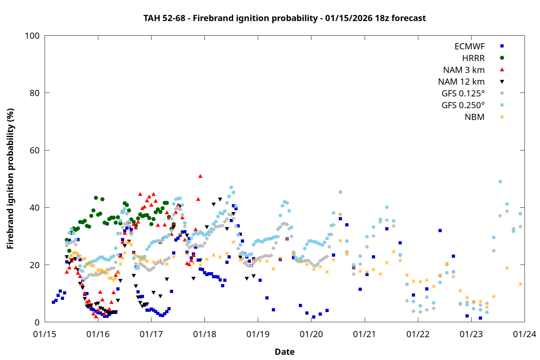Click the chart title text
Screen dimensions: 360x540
coord(284,18)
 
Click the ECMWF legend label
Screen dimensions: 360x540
coord(469,46)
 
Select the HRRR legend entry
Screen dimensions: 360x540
coord(473,58)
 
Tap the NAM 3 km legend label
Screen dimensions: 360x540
coord(464,70)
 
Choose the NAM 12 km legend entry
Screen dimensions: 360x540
coord(461,82)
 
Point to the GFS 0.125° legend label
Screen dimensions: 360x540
coord(463,94)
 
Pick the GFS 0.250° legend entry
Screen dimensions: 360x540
coord(463,105)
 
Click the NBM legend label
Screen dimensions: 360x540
coord(474,117)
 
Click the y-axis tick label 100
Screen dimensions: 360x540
coord(32,36)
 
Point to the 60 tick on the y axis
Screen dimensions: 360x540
coord(35,150)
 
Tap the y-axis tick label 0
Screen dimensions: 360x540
coord(37,323)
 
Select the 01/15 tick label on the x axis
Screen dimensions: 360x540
coord(45,334)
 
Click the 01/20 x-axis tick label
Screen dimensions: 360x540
coord(311,334)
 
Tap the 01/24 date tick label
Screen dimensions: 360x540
coord(525,334)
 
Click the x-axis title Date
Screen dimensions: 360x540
coord(284,352)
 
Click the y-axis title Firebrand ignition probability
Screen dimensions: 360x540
coord(10,179)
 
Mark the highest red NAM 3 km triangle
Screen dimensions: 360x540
coord(200,176)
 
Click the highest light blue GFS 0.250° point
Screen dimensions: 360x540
coord(500,182)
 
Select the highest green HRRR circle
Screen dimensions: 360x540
coord(96,198)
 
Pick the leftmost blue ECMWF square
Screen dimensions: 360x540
coord(53,302)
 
